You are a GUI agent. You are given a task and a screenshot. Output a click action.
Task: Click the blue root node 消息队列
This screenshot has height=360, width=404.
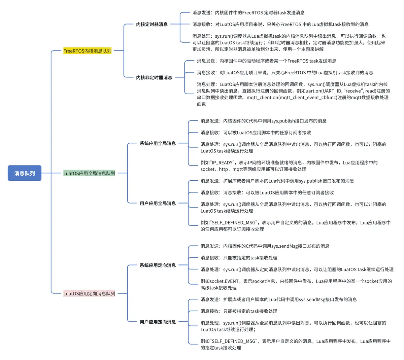25,173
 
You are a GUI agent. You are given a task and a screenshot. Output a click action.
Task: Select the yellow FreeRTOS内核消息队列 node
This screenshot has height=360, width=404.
87,51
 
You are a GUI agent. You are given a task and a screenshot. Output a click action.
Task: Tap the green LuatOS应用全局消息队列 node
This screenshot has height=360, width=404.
89,173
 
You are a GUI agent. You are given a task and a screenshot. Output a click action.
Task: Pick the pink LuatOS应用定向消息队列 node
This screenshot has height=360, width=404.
89,293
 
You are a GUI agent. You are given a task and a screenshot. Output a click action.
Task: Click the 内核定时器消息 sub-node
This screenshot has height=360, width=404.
152,24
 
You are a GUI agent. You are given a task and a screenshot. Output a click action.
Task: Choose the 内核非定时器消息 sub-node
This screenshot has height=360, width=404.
154,77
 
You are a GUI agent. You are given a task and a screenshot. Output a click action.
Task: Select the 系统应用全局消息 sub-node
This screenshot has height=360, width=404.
158,143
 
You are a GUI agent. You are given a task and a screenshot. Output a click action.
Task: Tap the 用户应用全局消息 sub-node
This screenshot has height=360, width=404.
158,203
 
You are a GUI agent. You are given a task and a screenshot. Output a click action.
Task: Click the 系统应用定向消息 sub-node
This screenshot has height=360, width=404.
158,265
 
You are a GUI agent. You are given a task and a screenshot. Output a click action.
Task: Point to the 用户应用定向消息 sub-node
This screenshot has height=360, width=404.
158,322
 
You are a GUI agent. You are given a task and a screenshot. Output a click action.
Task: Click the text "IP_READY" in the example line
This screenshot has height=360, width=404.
223,163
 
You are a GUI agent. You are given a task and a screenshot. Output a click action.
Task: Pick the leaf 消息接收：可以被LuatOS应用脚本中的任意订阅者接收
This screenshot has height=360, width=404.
256,133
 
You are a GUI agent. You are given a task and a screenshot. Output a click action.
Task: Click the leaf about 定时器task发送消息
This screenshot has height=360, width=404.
248,12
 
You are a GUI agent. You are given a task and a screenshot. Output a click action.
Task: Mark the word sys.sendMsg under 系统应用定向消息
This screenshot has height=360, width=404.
285,246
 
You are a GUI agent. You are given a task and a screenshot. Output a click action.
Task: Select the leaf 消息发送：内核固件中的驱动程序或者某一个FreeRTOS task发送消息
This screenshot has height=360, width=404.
267,61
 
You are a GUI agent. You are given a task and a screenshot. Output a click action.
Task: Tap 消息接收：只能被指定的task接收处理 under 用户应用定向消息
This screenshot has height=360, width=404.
239,311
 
